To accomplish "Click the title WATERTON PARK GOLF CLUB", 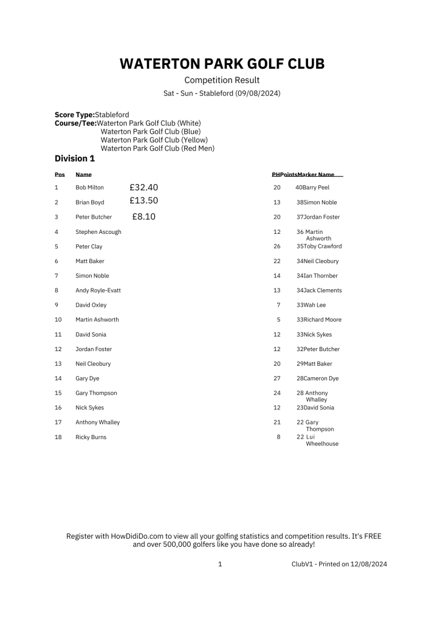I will [222, 64].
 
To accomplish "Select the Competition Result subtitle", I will [222, 80].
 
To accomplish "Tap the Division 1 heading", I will [75, 159].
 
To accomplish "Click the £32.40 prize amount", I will [143, 187].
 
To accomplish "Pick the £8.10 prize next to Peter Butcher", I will [143, 216].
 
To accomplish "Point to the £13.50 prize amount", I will [143, 201].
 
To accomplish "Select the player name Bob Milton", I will [89, 188].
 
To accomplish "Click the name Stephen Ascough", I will [98, 232].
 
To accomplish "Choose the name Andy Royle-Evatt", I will [98, 290].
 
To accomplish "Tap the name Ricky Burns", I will [91, 437].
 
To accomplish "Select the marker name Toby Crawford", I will [322, 247].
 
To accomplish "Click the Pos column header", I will [60, 175].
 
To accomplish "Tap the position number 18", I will [58, 437].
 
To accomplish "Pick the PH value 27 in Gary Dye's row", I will [277, 378].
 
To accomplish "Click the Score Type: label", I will [75, 114].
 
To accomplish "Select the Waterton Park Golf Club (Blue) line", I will [150, 131].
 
